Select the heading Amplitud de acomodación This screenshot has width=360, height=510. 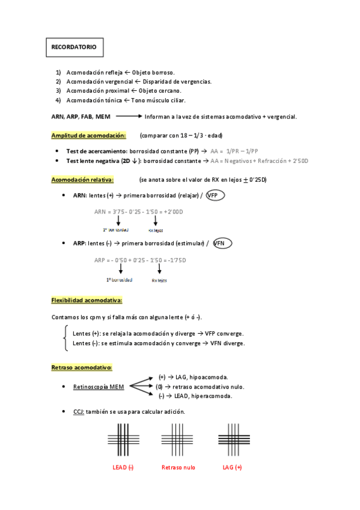[88, 135]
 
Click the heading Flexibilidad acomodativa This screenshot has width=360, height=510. [87, 300]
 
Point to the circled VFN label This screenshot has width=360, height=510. [222, 244]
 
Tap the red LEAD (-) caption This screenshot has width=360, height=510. [124, 467]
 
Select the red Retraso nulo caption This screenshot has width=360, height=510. [178, 467]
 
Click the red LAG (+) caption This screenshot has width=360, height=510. [232, 467]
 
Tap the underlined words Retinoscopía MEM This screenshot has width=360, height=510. [98, 387]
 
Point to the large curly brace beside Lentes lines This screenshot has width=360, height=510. [66, 338]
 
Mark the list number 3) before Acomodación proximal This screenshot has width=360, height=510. [58, 90]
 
